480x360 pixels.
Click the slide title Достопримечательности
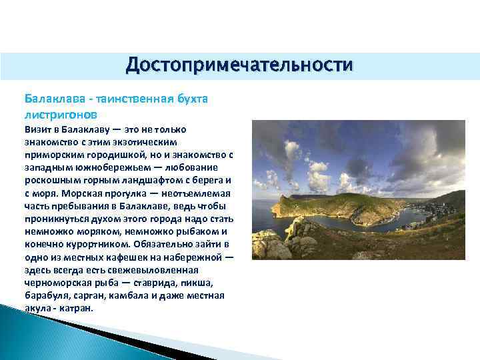tap(239, 66)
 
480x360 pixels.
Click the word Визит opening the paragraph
tap(39, 129)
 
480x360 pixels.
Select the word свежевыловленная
tap(149, 270)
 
